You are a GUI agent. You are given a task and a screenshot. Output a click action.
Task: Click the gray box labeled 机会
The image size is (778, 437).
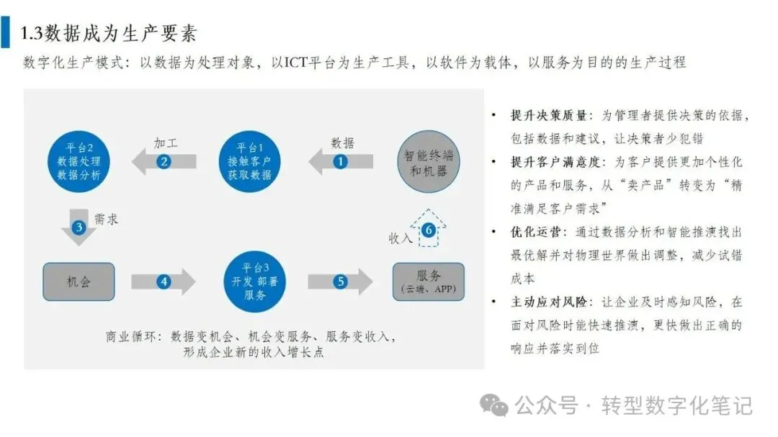[79, 281]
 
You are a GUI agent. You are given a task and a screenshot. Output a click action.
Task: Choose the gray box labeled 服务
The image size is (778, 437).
[428, 281]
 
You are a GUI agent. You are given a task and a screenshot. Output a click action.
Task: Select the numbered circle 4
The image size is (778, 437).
[165, 281]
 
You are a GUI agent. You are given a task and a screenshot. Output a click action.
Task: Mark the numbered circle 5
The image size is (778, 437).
[340, 281]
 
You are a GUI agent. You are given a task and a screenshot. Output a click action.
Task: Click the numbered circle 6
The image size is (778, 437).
[429, 230]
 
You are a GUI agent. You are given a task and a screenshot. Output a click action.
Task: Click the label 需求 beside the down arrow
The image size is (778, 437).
[106, 220]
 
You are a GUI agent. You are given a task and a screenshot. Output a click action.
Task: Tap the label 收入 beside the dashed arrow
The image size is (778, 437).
[401, 238]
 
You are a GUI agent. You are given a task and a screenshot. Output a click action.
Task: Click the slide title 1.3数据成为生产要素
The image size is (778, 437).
[109, 33]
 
